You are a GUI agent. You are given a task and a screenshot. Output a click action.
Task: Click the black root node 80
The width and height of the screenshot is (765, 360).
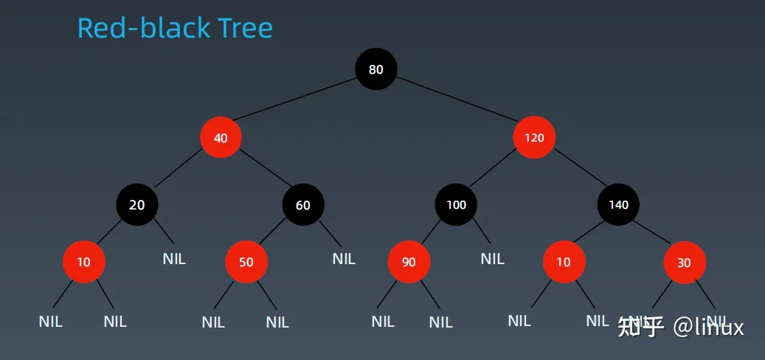[x=376, y=69]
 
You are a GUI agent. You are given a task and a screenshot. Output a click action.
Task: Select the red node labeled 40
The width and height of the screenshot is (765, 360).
[x=221, y=137]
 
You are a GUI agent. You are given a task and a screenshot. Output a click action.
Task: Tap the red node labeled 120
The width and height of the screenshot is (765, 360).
[x=534, y=137]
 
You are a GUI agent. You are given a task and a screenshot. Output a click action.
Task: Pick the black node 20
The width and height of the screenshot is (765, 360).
[x=137, y=205]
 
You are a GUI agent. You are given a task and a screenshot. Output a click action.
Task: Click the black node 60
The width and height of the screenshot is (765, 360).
[x=303, y=205]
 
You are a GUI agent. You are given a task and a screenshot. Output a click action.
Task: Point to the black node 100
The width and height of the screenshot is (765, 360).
[x=456, y=204]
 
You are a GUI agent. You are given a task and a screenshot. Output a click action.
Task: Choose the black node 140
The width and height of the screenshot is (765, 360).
[x=618, y=204]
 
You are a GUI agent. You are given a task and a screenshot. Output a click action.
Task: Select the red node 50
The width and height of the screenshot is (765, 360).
[x=246, y=263]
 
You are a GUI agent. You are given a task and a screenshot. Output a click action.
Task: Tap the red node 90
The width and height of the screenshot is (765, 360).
[x=409, y=263]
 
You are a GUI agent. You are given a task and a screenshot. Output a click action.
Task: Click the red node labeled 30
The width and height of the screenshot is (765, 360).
[x=685, y=263]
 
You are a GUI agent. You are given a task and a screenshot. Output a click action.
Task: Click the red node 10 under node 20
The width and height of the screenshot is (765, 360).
[x=84, y=262]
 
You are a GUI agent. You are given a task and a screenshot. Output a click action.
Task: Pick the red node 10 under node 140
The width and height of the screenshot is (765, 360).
[x=564, y=262]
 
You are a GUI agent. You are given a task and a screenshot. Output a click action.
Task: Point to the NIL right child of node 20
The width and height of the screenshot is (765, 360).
[x=174, y=259]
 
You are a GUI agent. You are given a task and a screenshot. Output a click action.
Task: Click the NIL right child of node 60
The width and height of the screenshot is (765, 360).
[x=344, y=259]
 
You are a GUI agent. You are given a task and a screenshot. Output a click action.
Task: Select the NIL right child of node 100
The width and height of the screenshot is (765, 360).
[x=492, y=259]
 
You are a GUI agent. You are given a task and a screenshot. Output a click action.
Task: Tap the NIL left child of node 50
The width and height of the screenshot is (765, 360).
[x=213, y=322]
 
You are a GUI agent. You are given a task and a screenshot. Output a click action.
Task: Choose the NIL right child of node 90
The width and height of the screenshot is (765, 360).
[x=440, y=322]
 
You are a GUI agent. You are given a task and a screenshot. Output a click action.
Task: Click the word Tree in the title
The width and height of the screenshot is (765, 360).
[x=246, y=28]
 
